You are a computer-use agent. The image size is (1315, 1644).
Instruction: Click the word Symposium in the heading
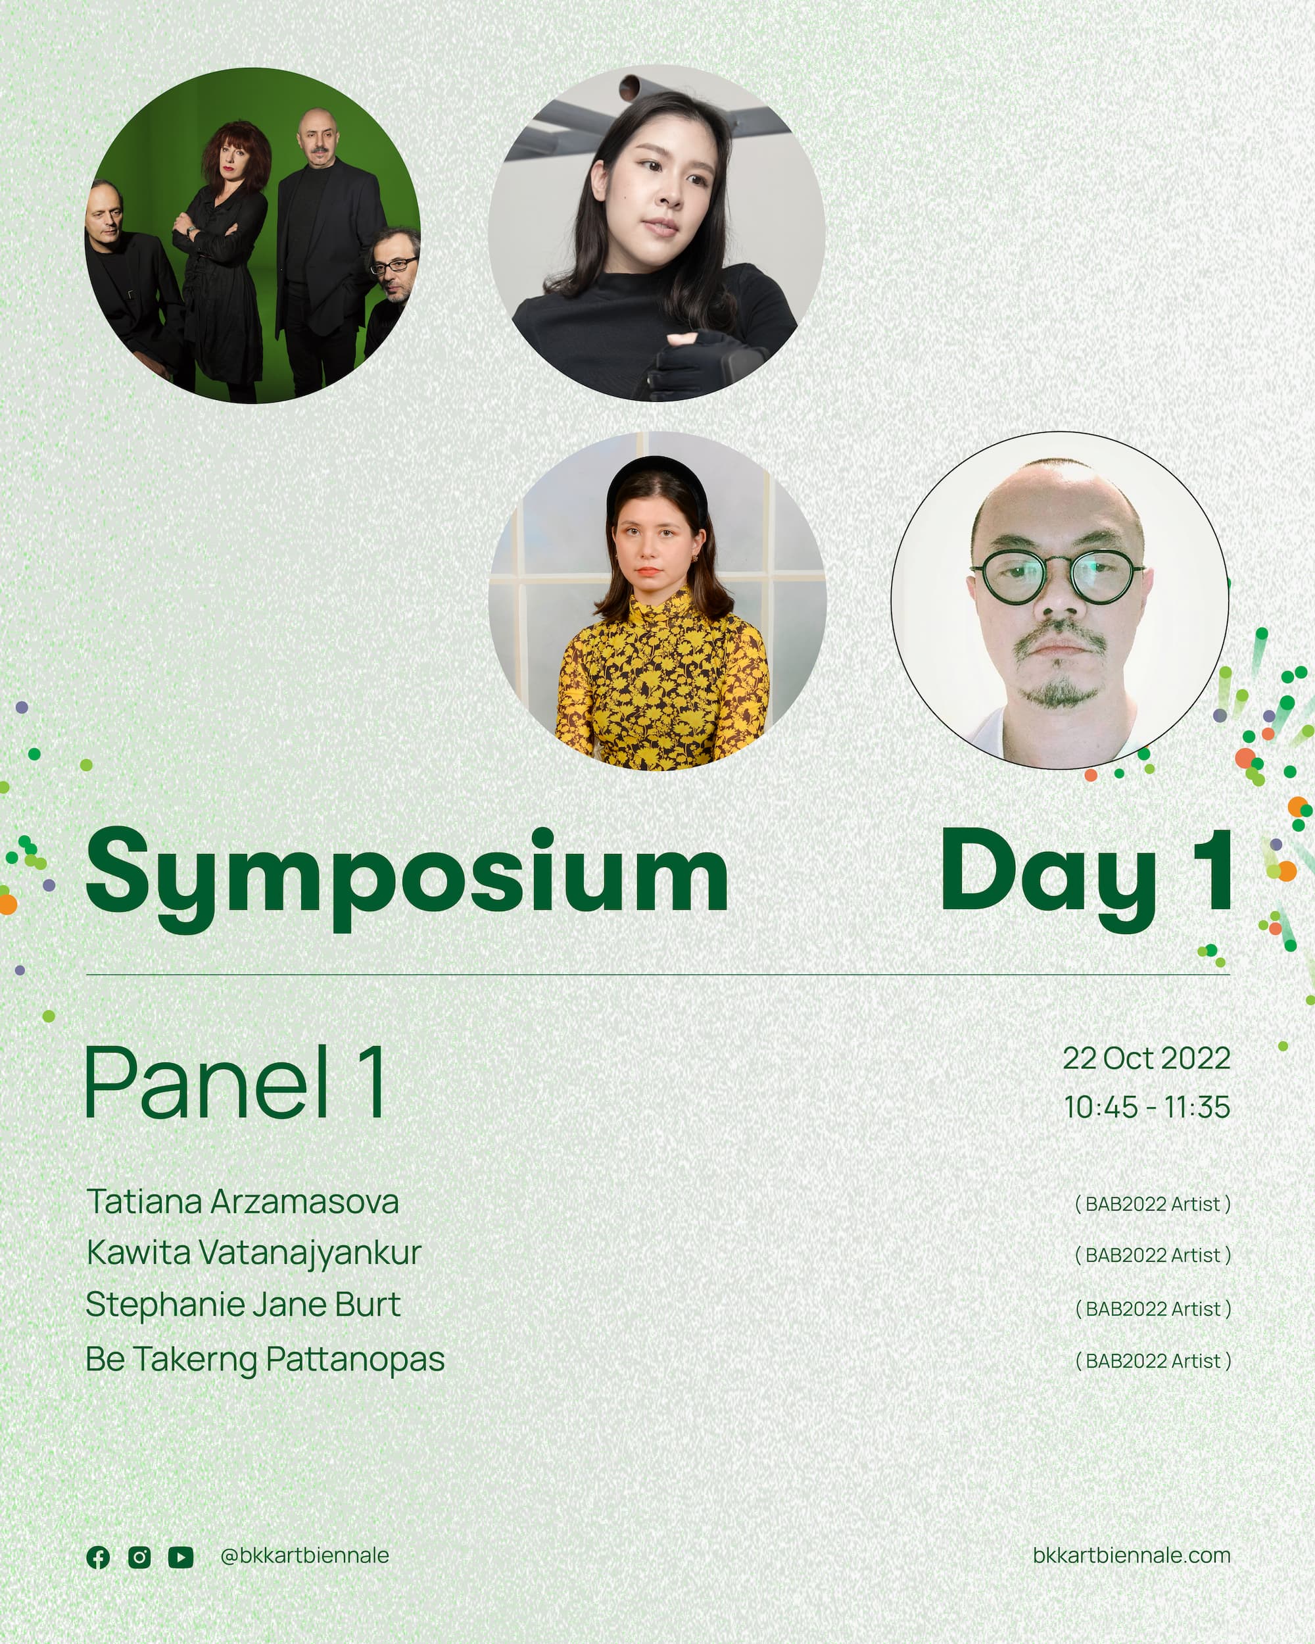point(407,877)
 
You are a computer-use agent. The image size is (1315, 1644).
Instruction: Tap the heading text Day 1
point(1086,877)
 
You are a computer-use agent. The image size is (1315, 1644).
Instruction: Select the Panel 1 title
point(235,1083)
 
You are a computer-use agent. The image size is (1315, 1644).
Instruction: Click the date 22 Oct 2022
point(1147,1059)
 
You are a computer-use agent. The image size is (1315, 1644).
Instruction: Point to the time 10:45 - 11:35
point(1147,1107)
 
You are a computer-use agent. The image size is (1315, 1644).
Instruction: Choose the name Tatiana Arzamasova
point(243,1202)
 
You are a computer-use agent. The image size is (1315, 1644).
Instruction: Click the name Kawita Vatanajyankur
point(254,1254)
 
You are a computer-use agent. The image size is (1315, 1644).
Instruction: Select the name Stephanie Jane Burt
point(243,1305)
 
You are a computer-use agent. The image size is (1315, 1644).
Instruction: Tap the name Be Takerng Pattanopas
point(265,1359)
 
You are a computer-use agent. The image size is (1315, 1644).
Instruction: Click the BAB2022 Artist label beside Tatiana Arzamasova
point(1153,1204)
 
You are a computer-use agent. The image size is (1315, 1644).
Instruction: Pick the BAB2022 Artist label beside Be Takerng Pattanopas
point(1153,1361)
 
